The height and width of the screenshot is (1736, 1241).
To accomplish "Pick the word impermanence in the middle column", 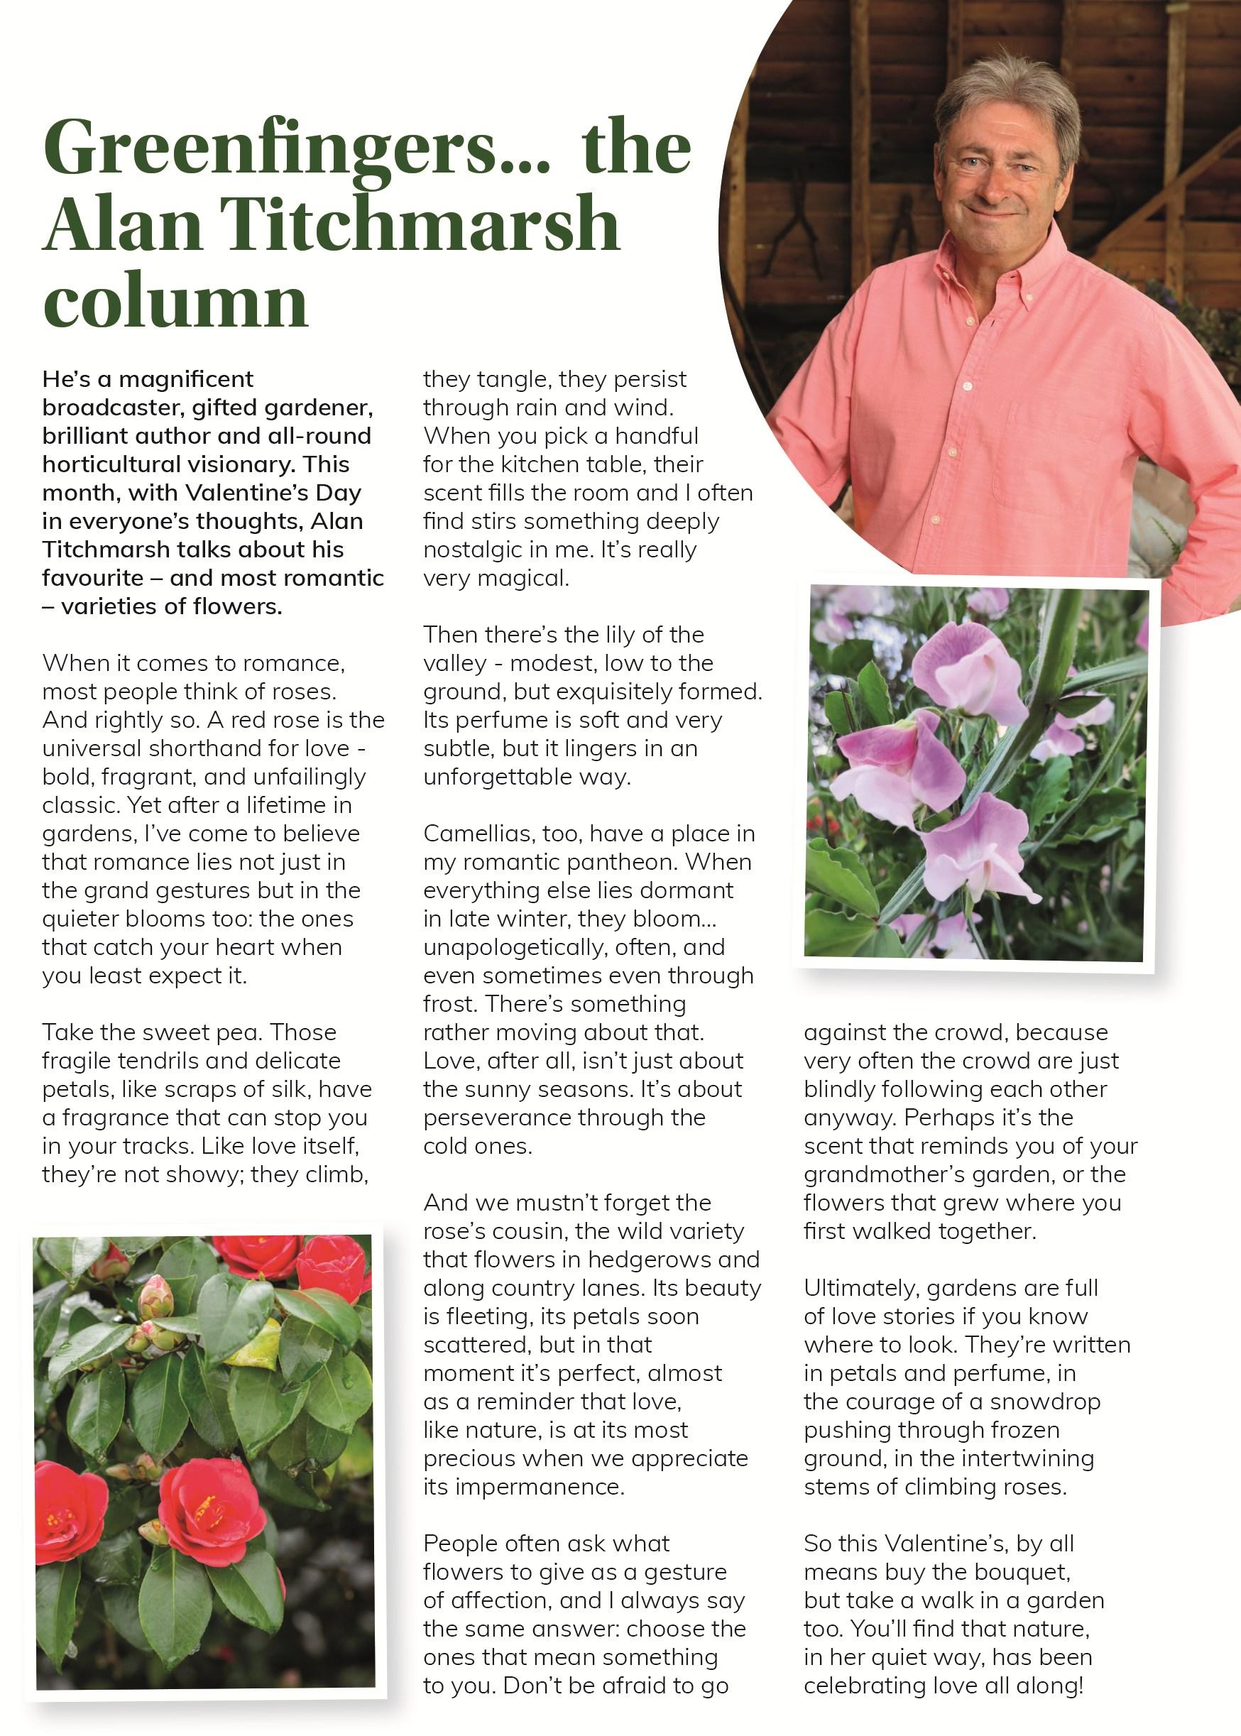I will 523,1487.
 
